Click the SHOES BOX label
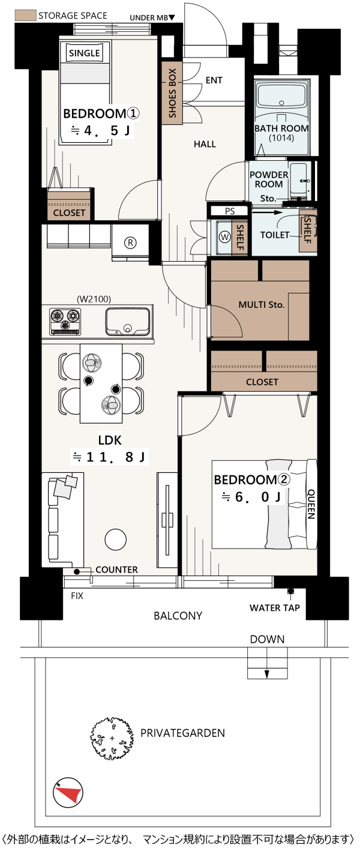[x=172, y=93]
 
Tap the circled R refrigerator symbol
[x=131, y=242]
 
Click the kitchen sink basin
[x=128, y=322]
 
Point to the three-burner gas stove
[x=65, y=322]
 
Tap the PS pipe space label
[x=230, y=211]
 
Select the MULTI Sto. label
[x=261, y=304]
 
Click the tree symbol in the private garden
[x=112, y=738]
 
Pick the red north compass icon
[x=68, y=793]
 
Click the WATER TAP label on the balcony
[x=275, y=608]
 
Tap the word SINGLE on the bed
[x=85, y=53]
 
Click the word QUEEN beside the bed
[x=311, y=504]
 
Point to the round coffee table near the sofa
[x=115, y=540]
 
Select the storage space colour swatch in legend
[x=25, y=16]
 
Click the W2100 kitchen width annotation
[x=94, y=299]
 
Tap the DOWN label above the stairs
[x=268, y=639]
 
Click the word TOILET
[x=275, y=235]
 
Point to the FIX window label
[x=77, y=596]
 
